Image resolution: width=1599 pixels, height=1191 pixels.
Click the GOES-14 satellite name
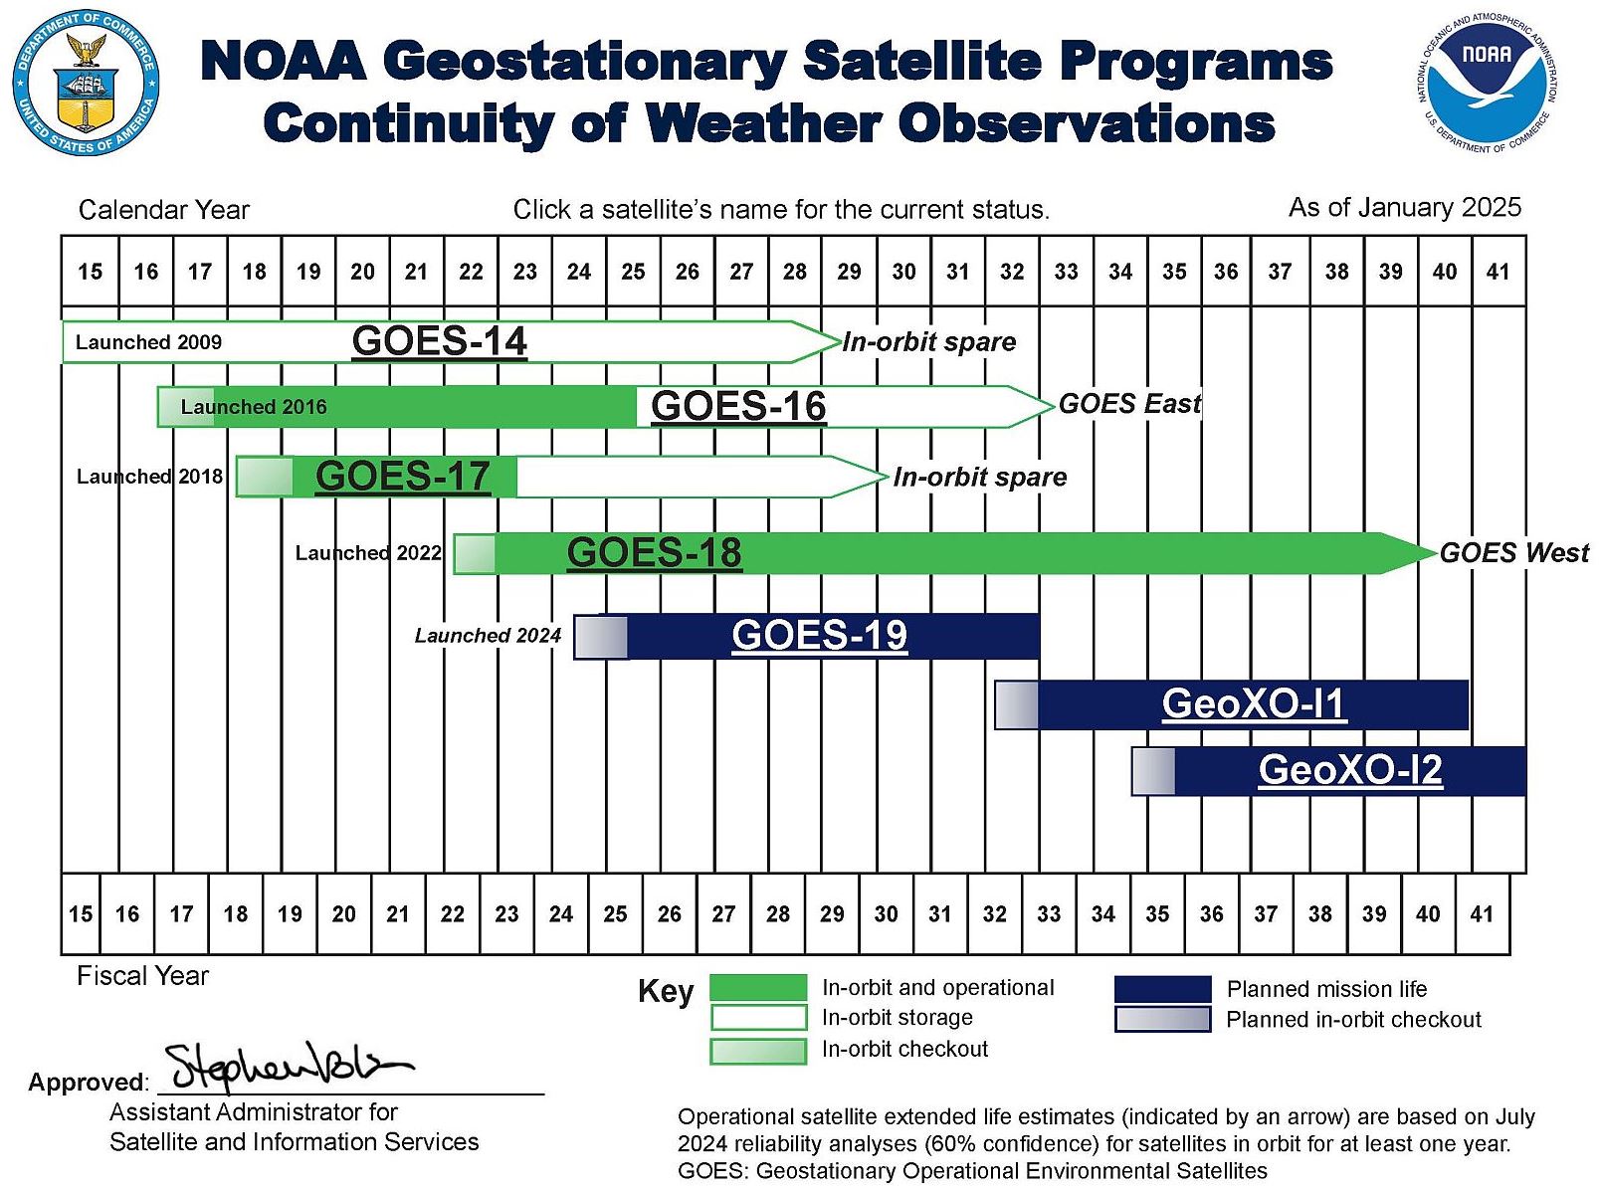pyautogui.click(x=439, y=341)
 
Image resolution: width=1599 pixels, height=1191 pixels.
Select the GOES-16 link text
pyautogui.click(x=738, y=406)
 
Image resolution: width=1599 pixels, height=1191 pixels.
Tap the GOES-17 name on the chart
pyautogui.click(x=402, y=477)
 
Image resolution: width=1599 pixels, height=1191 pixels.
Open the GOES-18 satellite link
pyautogui.click(x=654, y=553)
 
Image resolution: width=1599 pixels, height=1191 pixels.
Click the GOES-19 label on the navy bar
pyautogui.click(x=819, y=635)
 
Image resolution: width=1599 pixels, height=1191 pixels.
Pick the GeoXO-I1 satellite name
pyautogui.click(x=1253, y=703)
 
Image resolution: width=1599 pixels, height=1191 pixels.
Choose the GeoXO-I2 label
pyautogui.click(x=1349, y=770)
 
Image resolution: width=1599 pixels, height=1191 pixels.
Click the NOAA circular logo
pyautogui.click(x=1486, y=83)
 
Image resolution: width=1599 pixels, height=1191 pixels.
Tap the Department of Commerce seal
pyautogui.click(x=87, y=83)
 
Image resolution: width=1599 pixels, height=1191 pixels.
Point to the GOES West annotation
pyautogui.click(x=1513, y=553)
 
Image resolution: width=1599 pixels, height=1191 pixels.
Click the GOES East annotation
pyautogui.click(x=1129, y=404)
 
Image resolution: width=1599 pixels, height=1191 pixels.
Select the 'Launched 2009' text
pyautogui.click(x=148, y=342)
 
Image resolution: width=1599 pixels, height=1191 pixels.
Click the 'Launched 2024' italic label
pyautogui.click(x=488, y=636)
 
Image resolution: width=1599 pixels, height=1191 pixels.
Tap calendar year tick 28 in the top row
pyautogui.click(x=794, y=272)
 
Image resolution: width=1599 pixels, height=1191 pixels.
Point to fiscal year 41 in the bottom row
pyautogui.click(x=1481, y=913)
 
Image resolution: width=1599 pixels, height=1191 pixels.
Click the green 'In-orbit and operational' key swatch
pyautogui.click(x=758, y=988)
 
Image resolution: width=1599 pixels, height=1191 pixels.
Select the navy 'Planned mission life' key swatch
pyautogui.click(x=1162, y=989)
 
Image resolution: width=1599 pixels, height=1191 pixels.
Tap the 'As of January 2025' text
pyautogui.click(x=1404, y=207)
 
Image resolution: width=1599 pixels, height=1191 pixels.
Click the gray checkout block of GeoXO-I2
pyautogui.click(x=1153, y=771)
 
